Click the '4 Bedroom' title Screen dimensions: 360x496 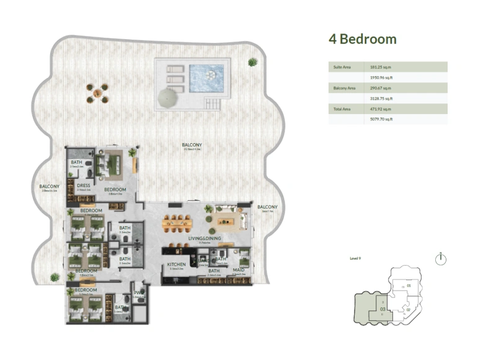(x=362, y=40)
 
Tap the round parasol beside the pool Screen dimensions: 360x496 (x=169, y=97)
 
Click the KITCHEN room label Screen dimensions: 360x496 (x=177, y=265)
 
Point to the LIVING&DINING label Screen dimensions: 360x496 (x=205, y=238)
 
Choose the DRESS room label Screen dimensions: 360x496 (x=84, y=185)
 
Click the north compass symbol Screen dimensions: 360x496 (x=441, y=259)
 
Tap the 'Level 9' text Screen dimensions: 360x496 (x=355, y=258)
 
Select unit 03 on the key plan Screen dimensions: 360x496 (x=383, y=308)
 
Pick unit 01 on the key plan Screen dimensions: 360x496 (x=409, y=286)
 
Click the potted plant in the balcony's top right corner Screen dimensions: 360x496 (x=252, y=62)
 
